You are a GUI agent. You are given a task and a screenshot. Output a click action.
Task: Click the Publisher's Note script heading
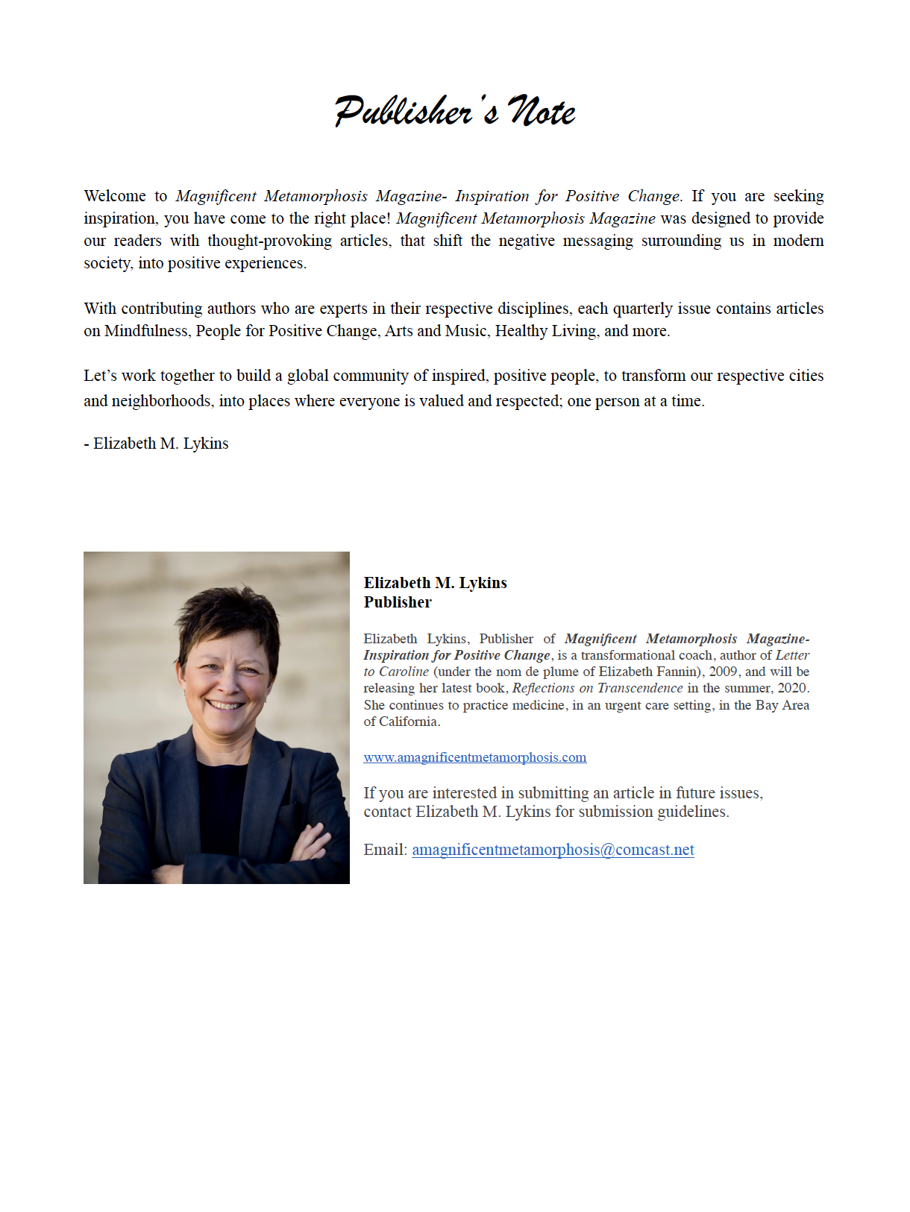[455, 112]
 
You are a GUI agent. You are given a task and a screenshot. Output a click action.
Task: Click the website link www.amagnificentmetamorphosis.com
[474, 757]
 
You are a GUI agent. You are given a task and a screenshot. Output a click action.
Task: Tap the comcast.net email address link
[553, 850]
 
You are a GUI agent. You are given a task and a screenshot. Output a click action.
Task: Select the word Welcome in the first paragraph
[115, 196]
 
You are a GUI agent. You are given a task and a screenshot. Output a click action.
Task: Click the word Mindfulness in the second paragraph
[146, 331]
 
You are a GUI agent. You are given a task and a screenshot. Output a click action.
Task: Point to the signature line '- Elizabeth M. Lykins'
[157, 444]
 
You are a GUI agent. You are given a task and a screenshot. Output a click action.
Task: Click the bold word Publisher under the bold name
[398, 602]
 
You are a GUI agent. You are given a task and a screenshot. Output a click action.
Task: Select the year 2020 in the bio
[792, 688]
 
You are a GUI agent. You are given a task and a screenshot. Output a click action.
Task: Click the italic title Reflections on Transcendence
[597, 688]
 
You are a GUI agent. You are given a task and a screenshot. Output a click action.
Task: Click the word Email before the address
[385, 850]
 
